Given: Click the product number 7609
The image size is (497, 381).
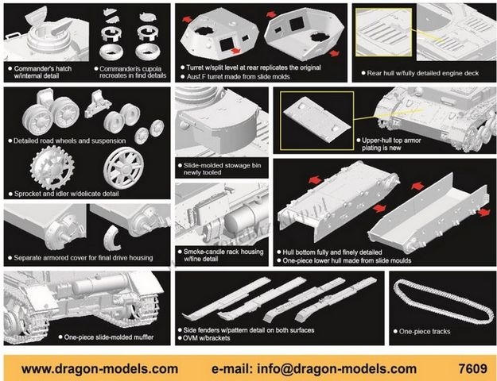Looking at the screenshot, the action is tap(472, 368).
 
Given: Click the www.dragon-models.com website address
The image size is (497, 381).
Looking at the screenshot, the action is tap(99, 369).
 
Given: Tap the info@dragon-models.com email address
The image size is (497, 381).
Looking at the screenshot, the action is tap(336, 369).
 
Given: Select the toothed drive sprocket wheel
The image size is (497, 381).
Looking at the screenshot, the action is tap(52, 167).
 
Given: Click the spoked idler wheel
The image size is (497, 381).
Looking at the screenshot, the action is tap(123, 167).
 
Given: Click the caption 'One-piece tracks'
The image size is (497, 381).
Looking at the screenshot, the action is tap(425, 331).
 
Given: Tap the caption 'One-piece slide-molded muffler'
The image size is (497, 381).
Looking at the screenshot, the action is tap(109, 337).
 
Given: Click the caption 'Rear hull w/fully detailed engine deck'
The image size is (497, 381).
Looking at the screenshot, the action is tap(422, 73).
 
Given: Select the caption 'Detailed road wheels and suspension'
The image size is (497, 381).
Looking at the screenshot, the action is tap(69, 140).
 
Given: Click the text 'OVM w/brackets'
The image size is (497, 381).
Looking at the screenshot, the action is tap(206, 338).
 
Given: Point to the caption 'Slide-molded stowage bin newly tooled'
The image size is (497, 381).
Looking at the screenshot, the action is tap(222, 168).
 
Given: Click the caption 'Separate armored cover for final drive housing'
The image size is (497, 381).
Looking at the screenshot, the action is tap(83, 258).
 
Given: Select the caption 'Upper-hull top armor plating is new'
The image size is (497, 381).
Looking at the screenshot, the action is tap(391, 144).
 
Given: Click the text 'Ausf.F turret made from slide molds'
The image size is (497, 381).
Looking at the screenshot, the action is tap(238, 76).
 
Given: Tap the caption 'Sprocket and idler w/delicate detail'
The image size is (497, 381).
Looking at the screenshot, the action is tap(66, 194).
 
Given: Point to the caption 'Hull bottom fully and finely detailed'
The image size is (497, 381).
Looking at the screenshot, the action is tap(332, 252).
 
